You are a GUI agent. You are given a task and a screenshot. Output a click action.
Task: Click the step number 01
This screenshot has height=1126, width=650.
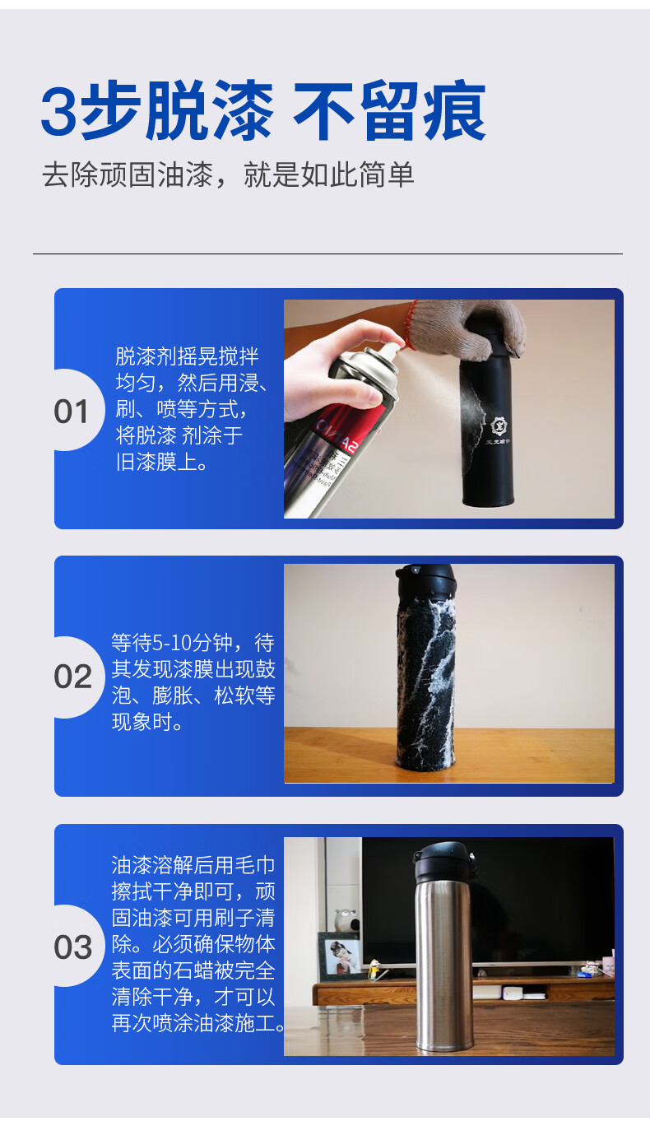pyautogui.click(x=71, y=412)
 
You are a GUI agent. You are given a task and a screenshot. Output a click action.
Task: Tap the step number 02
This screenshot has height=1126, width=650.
pyautogui.click(x=73, y=677)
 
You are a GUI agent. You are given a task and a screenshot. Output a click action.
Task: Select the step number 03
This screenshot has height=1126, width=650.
pyautogui.click(x=73, y=948)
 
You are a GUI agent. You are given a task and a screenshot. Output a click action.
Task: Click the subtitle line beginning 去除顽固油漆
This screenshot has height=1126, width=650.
pyautogui.click(x=228, y=175)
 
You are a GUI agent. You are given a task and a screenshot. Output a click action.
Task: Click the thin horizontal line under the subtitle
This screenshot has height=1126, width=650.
pyautogui.click(x=327, y=254)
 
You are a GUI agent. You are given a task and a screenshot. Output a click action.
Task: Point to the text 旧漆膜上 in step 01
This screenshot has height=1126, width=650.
pyautogui.click(x=156, y=463)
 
